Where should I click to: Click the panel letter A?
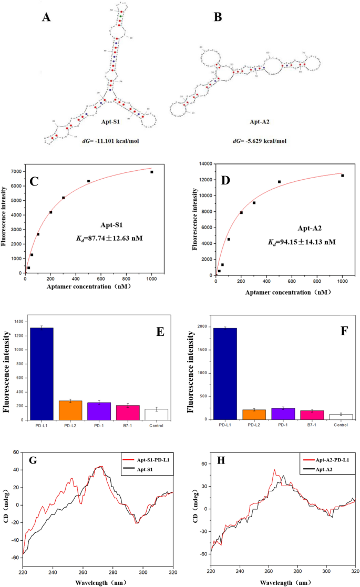(x=47, y=17)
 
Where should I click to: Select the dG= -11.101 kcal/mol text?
(x=108, y=141)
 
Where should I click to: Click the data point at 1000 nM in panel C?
(x=152, y=172)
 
